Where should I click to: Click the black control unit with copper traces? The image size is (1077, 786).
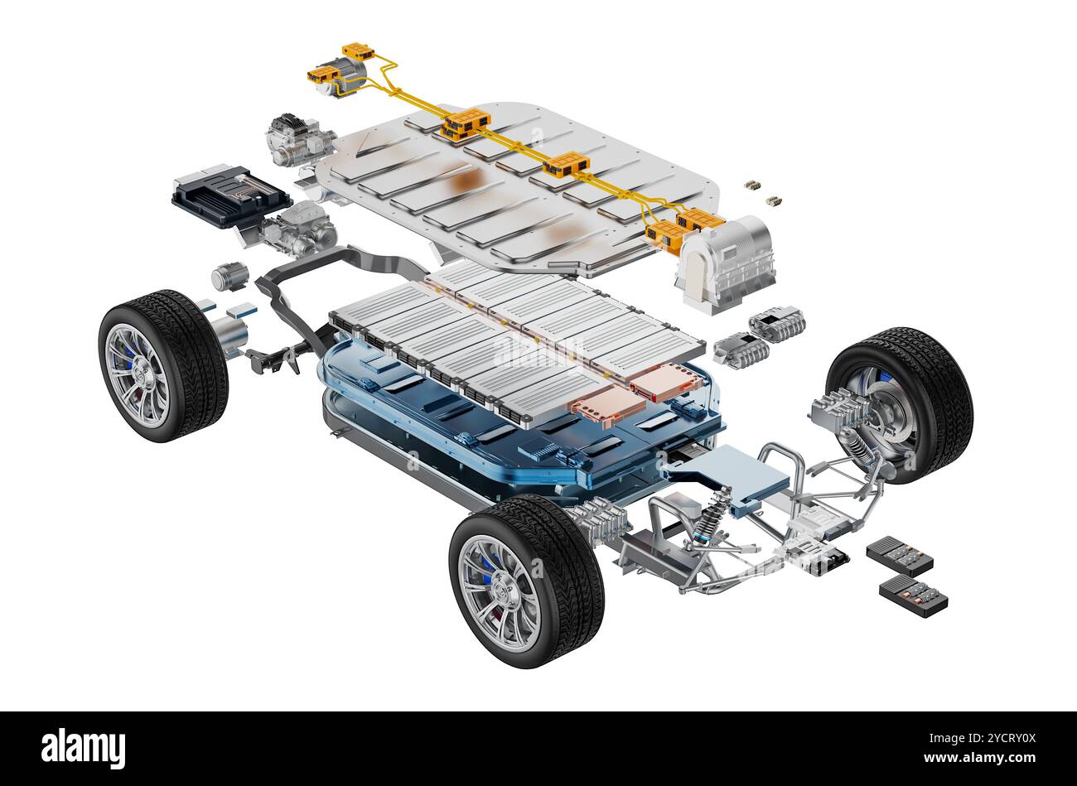pyautogui.click(x=231, y=195)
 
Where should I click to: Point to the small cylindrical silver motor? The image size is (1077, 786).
pyautogui.click(x=229, y=276)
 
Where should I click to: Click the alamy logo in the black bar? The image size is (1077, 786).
pyautogui.click(x=83, y=748)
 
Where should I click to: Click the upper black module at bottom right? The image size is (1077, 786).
pyautogui.click(x=899, y=556)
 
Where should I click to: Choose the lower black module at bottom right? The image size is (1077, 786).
pyautogui.click(x=913, y=596)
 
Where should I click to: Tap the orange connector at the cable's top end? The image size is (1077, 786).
pyautogui.click(x=358, y=51)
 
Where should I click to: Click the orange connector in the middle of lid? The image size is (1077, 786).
pyautogui.click(x=565, y=165)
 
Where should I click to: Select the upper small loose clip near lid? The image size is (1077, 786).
pyautogui.click(x=752, y=185)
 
